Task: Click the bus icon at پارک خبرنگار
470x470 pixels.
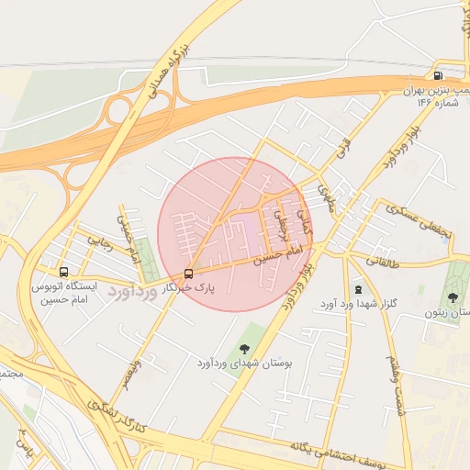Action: click(x=189, y=274)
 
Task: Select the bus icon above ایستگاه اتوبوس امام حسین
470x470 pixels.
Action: click(x=63, y=273)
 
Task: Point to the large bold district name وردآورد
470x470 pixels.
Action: click(x=133, y=290)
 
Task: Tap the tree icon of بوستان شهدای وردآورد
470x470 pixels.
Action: click(x=244, y=348)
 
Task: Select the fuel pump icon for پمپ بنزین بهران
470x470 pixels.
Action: click(x=438, y=76)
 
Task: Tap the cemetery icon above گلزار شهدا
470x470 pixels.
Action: click(x=358, y=289)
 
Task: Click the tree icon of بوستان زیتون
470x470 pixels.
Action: click(x=453, y=297)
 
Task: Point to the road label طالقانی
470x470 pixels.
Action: click(x=384, y=261)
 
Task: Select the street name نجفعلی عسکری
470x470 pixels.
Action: click(x=422, y=219)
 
